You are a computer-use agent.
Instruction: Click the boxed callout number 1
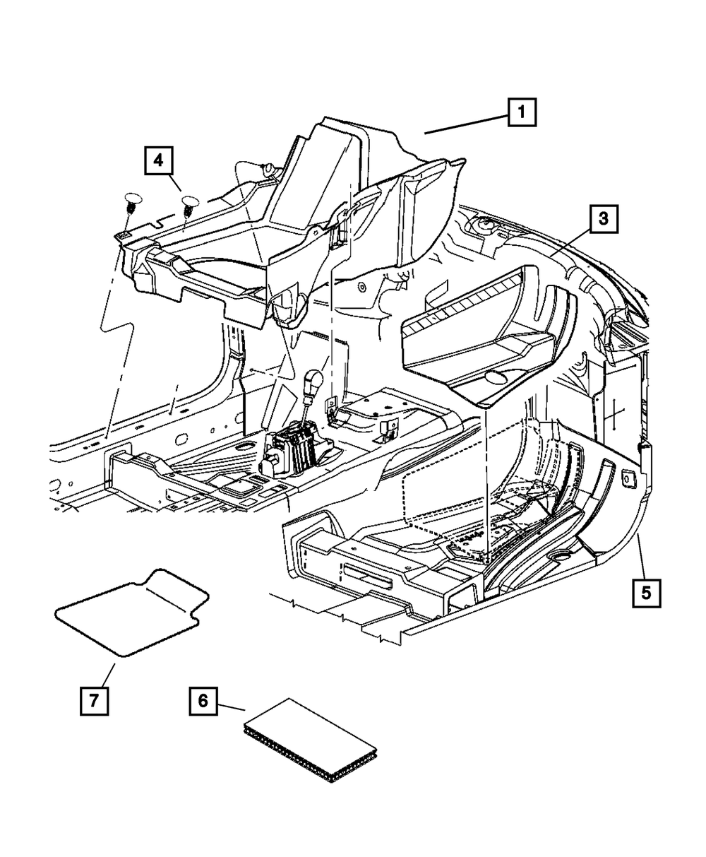521,112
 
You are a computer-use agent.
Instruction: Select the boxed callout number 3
603,219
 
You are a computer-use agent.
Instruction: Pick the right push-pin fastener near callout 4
189,208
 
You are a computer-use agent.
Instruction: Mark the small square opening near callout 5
626,478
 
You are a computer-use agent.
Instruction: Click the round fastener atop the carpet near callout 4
268,167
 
